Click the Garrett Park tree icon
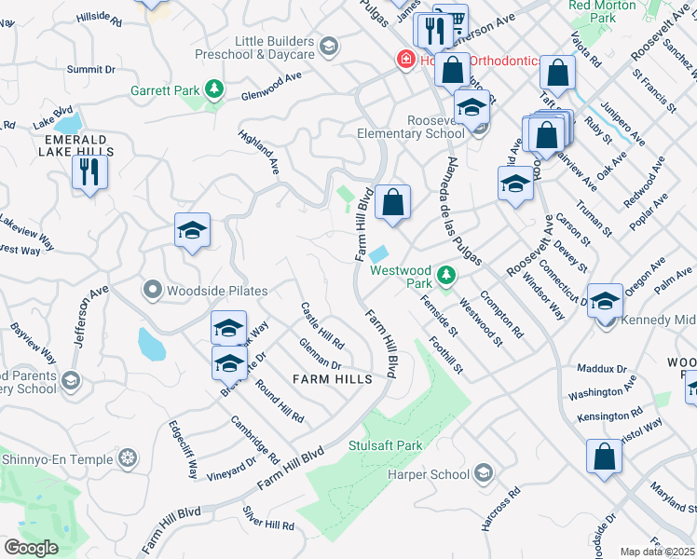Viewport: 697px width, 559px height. [215, 89]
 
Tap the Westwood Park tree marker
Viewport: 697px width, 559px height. [447, 275]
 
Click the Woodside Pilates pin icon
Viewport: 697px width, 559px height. [153, 291]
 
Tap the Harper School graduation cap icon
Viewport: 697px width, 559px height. [483, 473]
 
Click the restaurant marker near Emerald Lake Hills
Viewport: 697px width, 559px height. [89, 172]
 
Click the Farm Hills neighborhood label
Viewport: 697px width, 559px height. [332, 379]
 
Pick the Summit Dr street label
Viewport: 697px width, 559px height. [90, 69]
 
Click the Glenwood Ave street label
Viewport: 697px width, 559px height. [271, 86]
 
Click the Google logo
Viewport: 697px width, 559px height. [31, 548]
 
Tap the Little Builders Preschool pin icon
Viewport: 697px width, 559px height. [327, 47]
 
